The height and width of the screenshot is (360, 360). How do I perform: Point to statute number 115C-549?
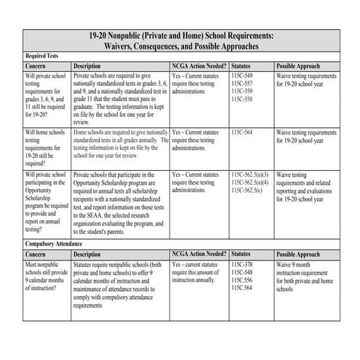(242, 75)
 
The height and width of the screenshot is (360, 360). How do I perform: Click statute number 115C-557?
(242, 83)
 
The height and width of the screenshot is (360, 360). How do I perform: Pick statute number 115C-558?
(242, 99)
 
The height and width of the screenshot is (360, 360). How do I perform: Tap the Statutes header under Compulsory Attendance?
(244, 254)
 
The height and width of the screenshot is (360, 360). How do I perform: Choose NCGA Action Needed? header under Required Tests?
(197, 65)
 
